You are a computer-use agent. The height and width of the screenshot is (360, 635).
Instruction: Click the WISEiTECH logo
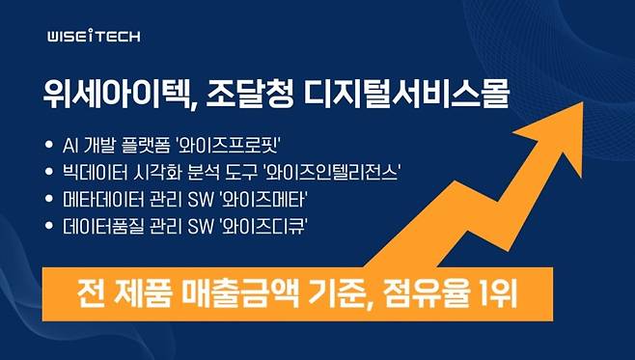[94, 37]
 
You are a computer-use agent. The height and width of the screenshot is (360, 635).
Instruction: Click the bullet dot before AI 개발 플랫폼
[50, 147]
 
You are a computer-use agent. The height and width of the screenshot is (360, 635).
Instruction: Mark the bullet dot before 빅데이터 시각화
[50, 173]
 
